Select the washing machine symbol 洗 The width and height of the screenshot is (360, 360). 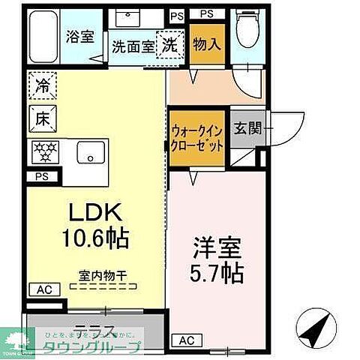[x=170, y=43]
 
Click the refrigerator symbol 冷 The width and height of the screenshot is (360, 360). [x=43, y=85]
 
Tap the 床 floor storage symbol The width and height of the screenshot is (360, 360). [x=43, y=118]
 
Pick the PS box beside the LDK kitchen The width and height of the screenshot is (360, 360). [x=40, y=177]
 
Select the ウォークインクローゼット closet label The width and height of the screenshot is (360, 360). [x=196, y=136]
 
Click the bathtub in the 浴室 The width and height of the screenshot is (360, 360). [x=46, y=36]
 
